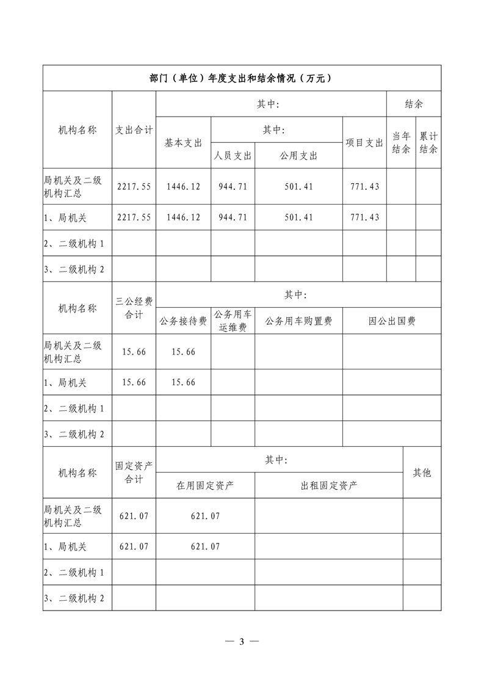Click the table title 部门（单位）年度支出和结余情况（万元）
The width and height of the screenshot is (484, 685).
coord(241,78)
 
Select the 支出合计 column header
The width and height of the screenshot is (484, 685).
coord(134,130)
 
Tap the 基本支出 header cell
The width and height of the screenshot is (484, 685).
coord(183,142)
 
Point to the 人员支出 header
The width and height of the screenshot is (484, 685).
coord(233,156)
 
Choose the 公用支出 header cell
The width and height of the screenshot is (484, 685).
coord(298,156)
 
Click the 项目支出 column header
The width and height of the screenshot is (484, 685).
coord(364,142)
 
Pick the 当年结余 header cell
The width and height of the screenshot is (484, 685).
coord(401,142)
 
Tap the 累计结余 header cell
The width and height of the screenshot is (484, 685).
coord(428,142)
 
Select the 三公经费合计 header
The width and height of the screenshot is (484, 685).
coord(134,308)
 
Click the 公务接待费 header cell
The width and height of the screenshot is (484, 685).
coord(183,321)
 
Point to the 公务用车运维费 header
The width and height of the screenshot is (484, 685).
coord(233,321)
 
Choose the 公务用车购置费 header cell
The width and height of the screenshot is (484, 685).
coord(298,321)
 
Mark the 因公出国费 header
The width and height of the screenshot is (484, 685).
coord(391,321)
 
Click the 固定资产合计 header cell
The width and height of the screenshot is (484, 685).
coord(134,473)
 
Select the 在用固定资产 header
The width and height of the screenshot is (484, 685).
coord(205,486)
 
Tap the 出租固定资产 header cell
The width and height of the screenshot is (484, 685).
coord(329,486)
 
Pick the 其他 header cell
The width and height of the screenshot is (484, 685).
coord(422,473)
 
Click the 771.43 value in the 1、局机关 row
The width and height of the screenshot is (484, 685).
coord(364,217)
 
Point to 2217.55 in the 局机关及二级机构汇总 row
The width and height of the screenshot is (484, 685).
coord(134,186)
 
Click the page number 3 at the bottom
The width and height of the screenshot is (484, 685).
coord(242,642)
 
